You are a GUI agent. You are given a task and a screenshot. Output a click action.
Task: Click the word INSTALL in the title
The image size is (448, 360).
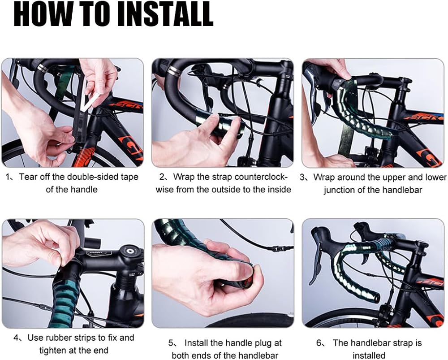tap(165, 14)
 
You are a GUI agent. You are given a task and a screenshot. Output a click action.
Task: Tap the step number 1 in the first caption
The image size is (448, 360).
tap(7, 177)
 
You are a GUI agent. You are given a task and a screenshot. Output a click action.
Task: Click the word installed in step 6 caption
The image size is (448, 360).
tap(369, 356)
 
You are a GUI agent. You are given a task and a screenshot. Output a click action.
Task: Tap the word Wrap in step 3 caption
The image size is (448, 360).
tap(324, 177)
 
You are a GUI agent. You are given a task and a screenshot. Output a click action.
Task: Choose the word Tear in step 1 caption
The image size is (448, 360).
tap(28, 177)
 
